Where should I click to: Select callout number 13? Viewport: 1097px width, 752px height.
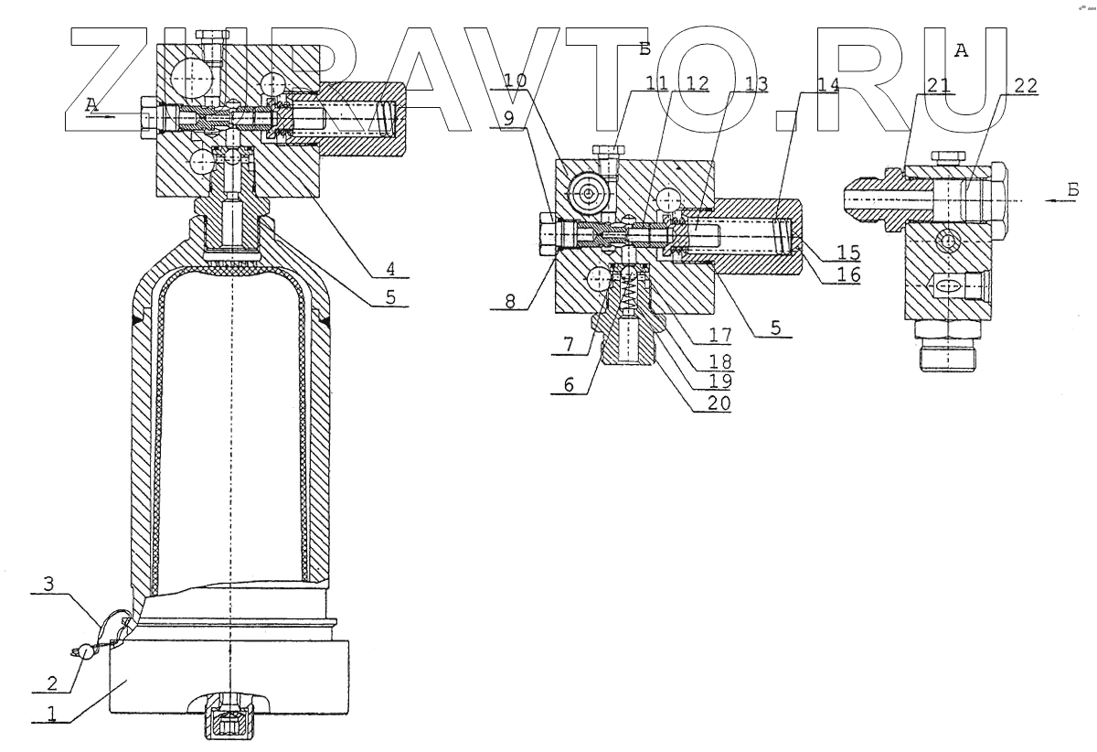(x=756, y=83)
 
